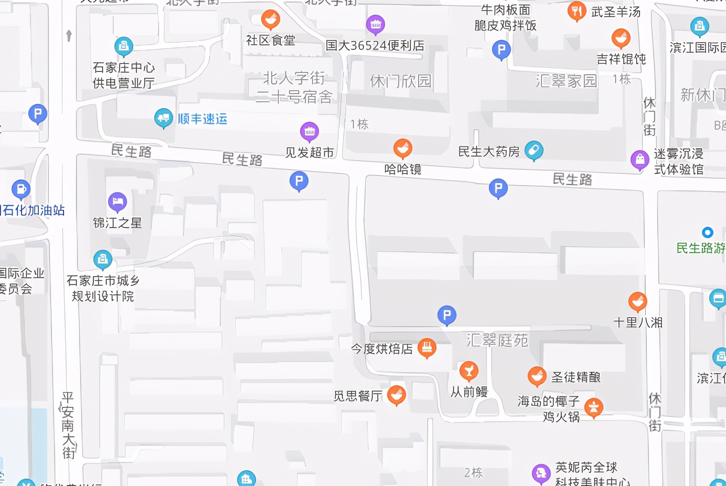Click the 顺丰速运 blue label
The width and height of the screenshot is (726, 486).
(202, 119)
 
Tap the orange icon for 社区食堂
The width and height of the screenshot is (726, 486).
(270, 20)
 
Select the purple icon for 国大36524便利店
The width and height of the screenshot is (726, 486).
(375, 24)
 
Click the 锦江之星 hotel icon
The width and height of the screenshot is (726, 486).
(117, 202)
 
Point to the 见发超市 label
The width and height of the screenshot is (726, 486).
(309, 153)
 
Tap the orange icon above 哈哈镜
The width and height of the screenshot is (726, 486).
(402, 149)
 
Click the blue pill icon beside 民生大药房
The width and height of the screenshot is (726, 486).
(533, 151)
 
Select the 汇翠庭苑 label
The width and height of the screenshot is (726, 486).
(497, 340)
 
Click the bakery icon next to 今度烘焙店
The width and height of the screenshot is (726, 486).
(426, 347)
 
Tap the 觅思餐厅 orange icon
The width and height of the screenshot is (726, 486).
(396, 395)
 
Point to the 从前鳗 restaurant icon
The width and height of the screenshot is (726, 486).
(468, 371)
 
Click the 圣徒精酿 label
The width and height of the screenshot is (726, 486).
(575, 377)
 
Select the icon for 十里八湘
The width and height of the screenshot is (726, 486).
(637, 302)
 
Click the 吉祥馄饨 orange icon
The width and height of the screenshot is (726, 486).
(621, 38)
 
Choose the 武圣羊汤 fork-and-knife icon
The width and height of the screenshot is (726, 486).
(576, 11)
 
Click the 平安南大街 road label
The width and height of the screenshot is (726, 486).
(68, 425)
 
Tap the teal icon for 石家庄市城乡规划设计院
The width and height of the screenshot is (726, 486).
(102, 259)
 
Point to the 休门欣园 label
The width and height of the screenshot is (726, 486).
(401, 81)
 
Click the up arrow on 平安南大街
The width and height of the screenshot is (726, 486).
(69, 35)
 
